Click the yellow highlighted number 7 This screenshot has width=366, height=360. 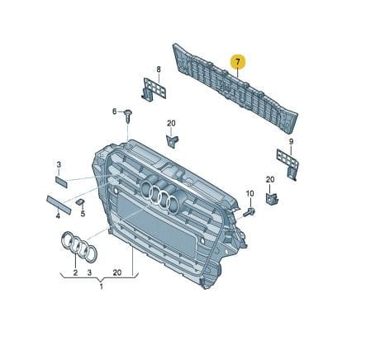(x=238, y=62)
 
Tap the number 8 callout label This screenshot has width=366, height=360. (x=159, y=69)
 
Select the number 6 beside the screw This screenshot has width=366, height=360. (x=114, y=111)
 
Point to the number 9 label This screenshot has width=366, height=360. (x=291, y=142)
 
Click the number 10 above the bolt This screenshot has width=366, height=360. (x=250, y=193)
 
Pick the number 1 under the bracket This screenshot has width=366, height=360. (x=101, y=287)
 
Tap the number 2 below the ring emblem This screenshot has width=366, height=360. (x=75, y=272)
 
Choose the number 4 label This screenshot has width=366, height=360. (x=58, y=216)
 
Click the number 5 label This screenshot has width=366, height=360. (x=83, y=213)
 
